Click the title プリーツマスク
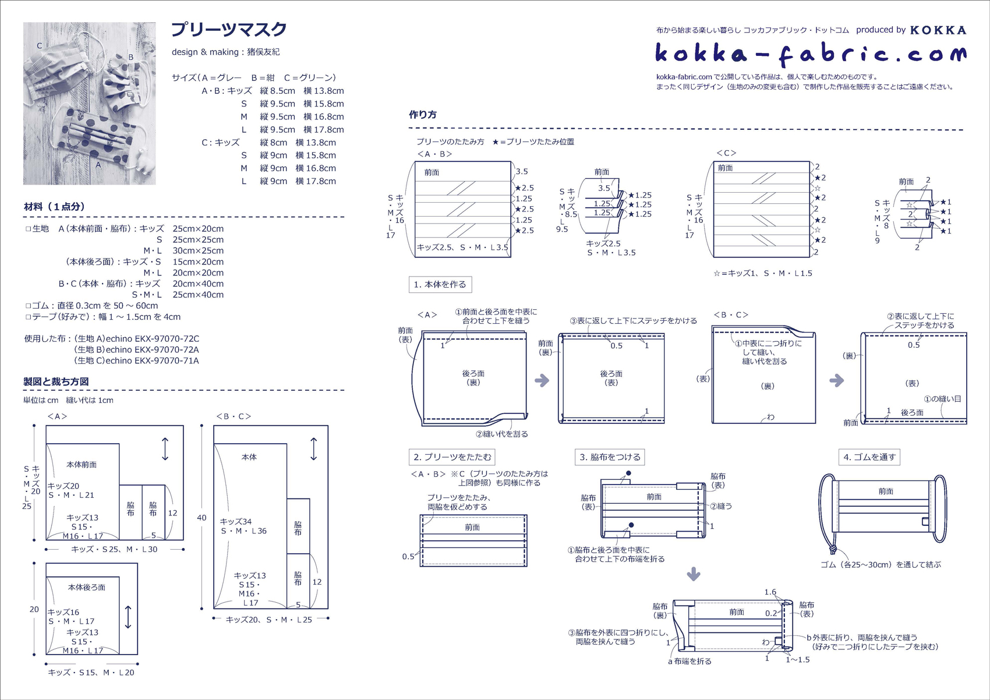[229, 30]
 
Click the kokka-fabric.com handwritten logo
[810, 54]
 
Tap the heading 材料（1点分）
[54, 207]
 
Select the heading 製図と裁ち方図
[56, 382]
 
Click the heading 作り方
[423, 115]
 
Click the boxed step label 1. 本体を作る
[440, 285]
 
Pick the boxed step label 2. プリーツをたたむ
[452, 457]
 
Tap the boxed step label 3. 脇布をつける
[610, 457]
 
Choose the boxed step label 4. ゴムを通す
[869, 457]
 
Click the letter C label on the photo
[40, 46]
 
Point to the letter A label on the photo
[98, 165]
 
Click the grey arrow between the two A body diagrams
[542, 381]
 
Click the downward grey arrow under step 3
[693, 574]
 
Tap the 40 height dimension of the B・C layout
[201, 517]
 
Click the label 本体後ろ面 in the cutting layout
[86, 588]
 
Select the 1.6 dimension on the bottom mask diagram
[770, 592]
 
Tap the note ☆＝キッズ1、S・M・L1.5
[762, 273]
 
